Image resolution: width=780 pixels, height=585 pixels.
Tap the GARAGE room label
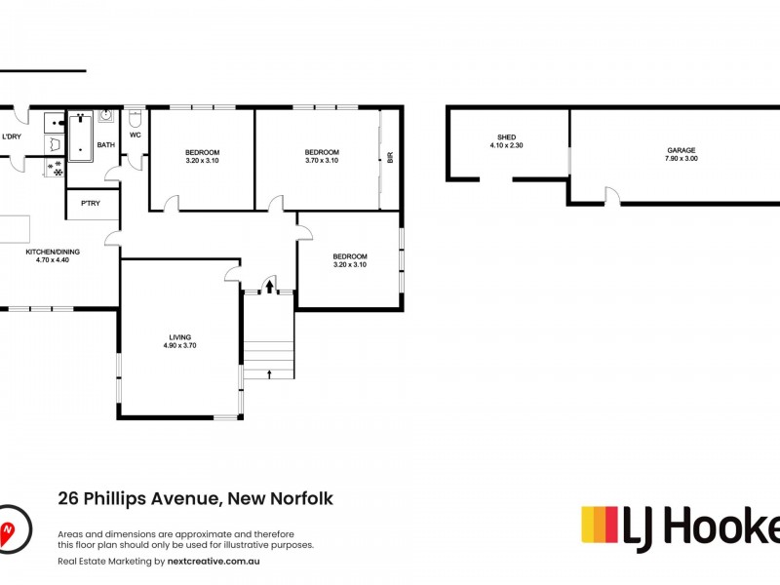pos(682,150)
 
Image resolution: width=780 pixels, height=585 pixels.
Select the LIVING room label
pos(180,336)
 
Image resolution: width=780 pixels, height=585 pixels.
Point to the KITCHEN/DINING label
pos(53,252)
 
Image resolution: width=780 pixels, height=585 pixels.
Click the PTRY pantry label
pos(92,203)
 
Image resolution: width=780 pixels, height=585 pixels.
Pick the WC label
pos(135,136)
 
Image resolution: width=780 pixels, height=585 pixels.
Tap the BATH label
pos(105,145)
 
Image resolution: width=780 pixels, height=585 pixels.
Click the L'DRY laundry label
pos(12,136)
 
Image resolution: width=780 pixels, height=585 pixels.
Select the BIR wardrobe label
pos(389,157)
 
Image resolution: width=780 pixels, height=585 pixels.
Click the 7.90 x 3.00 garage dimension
pos(682,158)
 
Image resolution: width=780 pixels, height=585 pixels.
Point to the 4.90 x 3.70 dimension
pos(180,345)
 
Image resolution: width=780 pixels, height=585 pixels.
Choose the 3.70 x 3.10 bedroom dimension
pos(321,160)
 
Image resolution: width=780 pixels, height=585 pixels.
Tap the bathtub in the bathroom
pos(79,136)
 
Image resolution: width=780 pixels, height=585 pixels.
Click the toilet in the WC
pos(135,118)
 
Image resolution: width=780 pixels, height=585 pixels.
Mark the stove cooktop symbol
pos(54,169)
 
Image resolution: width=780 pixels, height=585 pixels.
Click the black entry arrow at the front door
pos(269,286)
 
